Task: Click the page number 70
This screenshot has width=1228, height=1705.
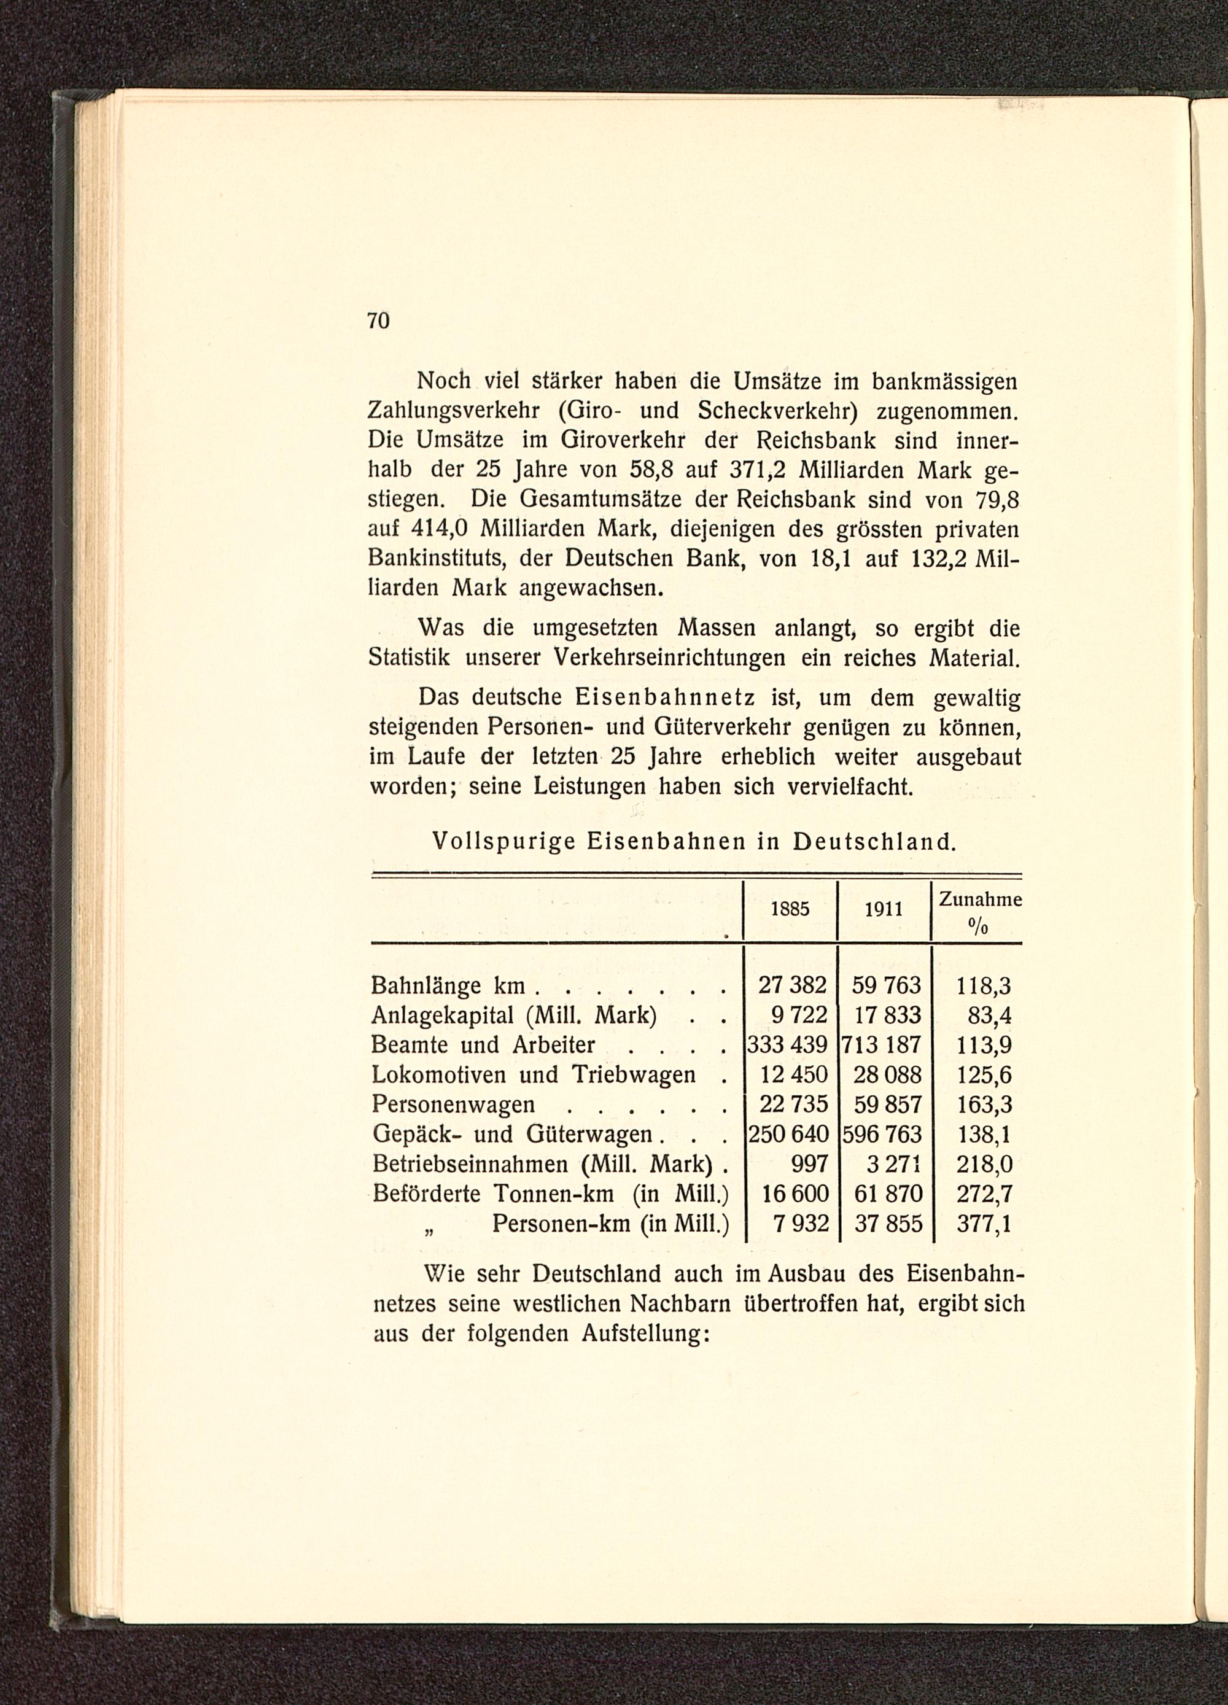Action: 379,321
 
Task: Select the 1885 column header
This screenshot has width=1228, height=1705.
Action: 790,909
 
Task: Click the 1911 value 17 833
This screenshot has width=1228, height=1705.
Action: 887,1015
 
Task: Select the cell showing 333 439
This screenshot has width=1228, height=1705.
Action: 786,1045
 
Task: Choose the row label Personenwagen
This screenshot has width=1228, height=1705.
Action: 454,1105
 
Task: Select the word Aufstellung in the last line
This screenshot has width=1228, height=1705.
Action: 645,1334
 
